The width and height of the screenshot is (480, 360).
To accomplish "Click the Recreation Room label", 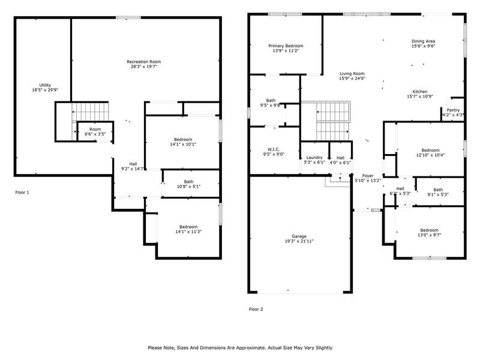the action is tap(143, 62).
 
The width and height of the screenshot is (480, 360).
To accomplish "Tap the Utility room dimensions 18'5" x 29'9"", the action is tap(45, 90).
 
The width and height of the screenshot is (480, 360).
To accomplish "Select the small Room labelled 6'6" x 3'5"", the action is tap(95, 131).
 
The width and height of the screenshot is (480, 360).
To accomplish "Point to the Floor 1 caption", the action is tap(22, 192).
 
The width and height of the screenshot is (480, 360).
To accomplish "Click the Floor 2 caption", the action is tap(256, 309).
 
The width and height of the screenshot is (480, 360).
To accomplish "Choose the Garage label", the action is tap(299, 236).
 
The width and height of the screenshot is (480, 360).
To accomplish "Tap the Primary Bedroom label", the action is tap(286, 46).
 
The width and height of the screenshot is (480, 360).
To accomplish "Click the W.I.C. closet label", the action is tap(274, 149).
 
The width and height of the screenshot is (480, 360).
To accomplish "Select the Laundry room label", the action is tap(314, 157).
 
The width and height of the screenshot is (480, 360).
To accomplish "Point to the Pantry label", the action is tap(453, 110).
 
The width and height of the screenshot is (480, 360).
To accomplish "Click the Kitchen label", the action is tap(419, 92).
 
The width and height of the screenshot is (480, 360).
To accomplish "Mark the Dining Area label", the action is tap(423, 41).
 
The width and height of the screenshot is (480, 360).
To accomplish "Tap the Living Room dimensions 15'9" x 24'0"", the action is tap(352, 79).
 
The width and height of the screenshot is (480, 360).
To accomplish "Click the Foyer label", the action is tap(368, 176).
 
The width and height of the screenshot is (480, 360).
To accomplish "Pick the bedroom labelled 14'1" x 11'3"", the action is tap(188, 229).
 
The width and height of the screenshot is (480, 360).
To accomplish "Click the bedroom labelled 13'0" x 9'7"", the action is tap(429, 232).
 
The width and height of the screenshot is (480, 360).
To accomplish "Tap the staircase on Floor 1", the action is tap(91, 112).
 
